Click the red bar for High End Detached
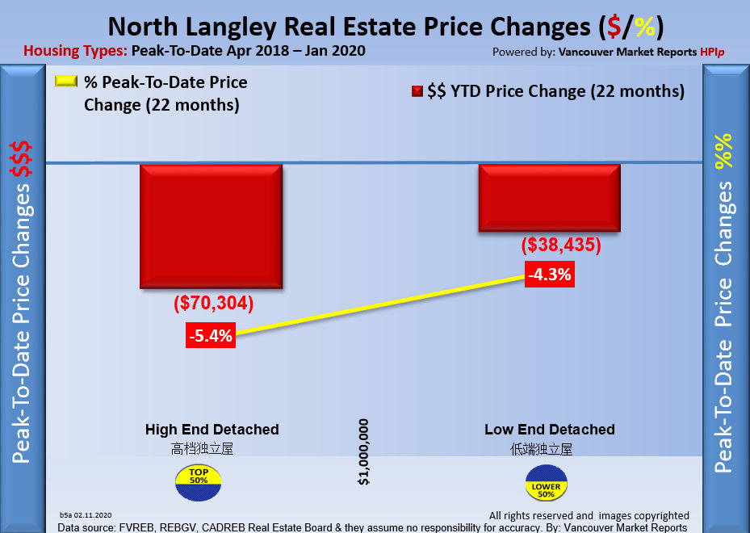[212, 226]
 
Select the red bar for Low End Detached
[549, 198]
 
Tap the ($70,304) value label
[214, 304]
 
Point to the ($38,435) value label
[561, 245]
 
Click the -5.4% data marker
[211, 335]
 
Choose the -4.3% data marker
[550, 274]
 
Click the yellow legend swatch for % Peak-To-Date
[65, 82]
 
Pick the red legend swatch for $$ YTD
[417, 91]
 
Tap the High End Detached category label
[212, 430]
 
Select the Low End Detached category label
[549, 430]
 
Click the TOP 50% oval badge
[198, 480]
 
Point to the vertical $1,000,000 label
[364, 451]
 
